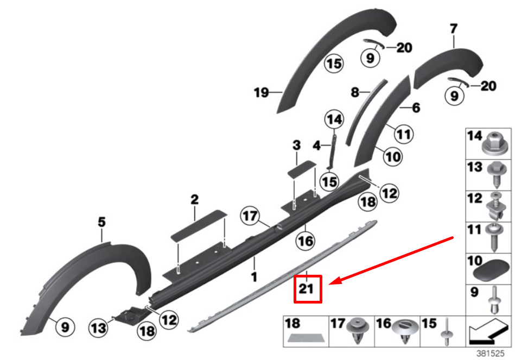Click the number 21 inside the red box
[x=306, y=288]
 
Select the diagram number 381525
[x=490, y=353]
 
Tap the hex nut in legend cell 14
[x=496, y=144]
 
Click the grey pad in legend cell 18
[x=306, y=338]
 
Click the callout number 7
[x=454, y=29]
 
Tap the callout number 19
[x=262, y=92]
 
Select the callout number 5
[x=102, y=222]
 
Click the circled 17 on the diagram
[x=250, y=216]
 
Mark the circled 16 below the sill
[x=306, y=241]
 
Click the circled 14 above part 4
[x=334, y=119]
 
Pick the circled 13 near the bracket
[x=99, y=327]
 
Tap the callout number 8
[x=355, y=92]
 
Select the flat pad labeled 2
[x=199, y=225]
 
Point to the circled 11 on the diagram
[x=404, y=134]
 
